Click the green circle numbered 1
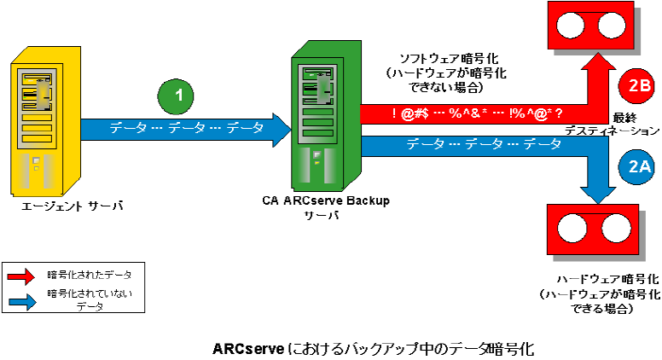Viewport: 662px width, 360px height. (178, 96)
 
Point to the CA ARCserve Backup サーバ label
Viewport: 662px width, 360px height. (325, 207)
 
